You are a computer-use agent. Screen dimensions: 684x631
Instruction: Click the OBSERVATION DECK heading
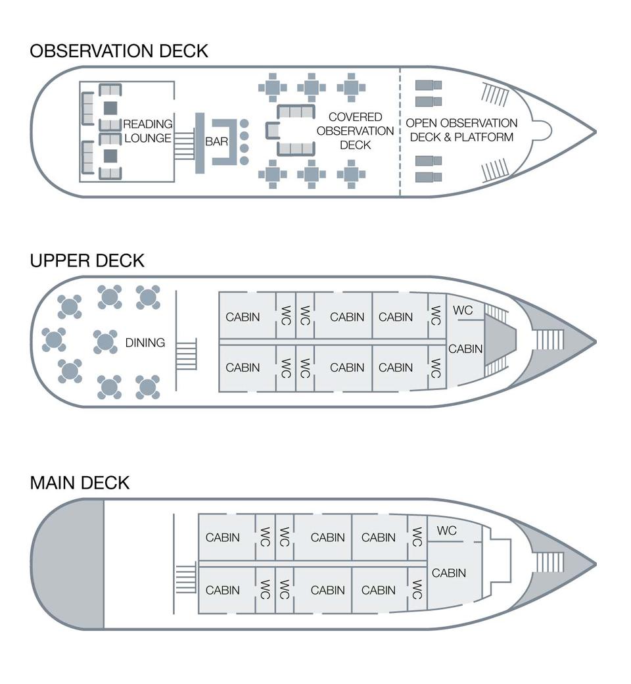(x=119, y=51)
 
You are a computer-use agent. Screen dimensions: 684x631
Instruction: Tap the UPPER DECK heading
(x=87, y=260)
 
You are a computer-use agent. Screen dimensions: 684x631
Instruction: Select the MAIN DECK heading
(x=80, y=483)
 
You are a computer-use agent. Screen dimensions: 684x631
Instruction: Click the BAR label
(x=217, y=141)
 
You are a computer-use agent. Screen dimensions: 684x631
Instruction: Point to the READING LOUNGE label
(x=148, y=131)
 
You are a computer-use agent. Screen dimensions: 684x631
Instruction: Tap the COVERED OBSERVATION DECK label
(x=356, y=131)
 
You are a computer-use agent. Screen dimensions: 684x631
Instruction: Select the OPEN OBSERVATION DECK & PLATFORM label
(x=461, y=130)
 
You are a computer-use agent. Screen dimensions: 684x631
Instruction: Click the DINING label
(x=145, y=343)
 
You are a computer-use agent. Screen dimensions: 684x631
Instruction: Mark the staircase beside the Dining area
(x=187, y=354)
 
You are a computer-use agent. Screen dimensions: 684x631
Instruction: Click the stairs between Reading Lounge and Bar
(x=184, y=145)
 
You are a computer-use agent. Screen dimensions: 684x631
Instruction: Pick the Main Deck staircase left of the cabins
(x=186, y=579)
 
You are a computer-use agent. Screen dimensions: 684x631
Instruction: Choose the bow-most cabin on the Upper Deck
(x=465, y=349)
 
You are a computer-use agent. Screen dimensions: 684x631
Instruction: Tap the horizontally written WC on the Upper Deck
(x=463, y=310)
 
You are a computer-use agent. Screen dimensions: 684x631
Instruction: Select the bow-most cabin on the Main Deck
(x=449, y=573)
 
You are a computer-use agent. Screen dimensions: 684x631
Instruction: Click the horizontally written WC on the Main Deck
(x=446, y=530)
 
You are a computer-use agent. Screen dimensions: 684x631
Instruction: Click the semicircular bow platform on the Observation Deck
(x=541, y=130)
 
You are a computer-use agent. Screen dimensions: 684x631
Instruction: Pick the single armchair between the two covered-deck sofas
(x=271, y=130)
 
